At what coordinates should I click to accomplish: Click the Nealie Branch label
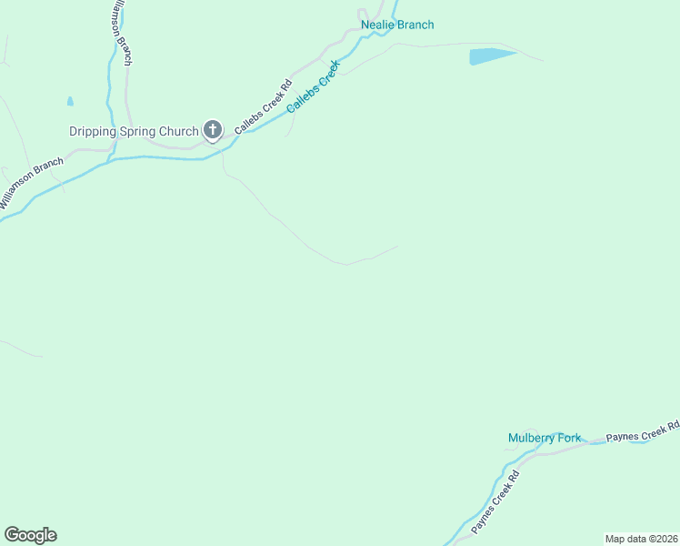(397, 25)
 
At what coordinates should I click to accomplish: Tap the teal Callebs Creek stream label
(313, 87)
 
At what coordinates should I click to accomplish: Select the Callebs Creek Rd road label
(262, 108)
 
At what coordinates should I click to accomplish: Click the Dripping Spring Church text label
(134, 131)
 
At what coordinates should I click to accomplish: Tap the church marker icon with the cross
(212, 130)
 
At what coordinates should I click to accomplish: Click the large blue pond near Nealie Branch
(492, 56)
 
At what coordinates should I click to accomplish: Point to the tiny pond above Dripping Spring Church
(70, 101)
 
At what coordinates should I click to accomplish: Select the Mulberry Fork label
(544, 438)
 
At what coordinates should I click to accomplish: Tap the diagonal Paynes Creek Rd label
(495, 502)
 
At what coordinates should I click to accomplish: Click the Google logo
(30, 535)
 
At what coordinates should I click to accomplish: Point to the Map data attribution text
(641, 539)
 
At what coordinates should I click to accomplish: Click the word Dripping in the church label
(93, 131)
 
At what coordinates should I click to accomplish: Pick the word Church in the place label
(178, 131)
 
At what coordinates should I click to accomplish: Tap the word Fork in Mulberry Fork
(569, 438)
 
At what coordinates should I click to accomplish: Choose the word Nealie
(378, 25)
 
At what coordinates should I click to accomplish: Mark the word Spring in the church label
(137, 131)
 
